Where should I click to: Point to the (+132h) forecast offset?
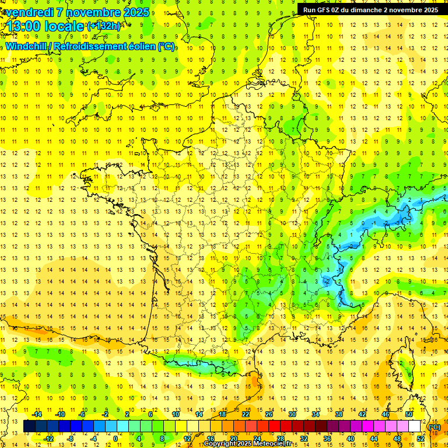tap(104, 26)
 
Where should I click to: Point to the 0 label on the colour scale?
tap(116, 439)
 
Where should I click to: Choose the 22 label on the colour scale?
tap(246, 414)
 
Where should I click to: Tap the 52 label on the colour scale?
tap(420, 439)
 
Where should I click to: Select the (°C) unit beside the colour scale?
tap(435, 427)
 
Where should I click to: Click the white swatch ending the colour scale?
tap(415, 426)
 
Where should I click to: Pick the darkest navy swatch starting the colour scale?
tap(30, 426)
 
